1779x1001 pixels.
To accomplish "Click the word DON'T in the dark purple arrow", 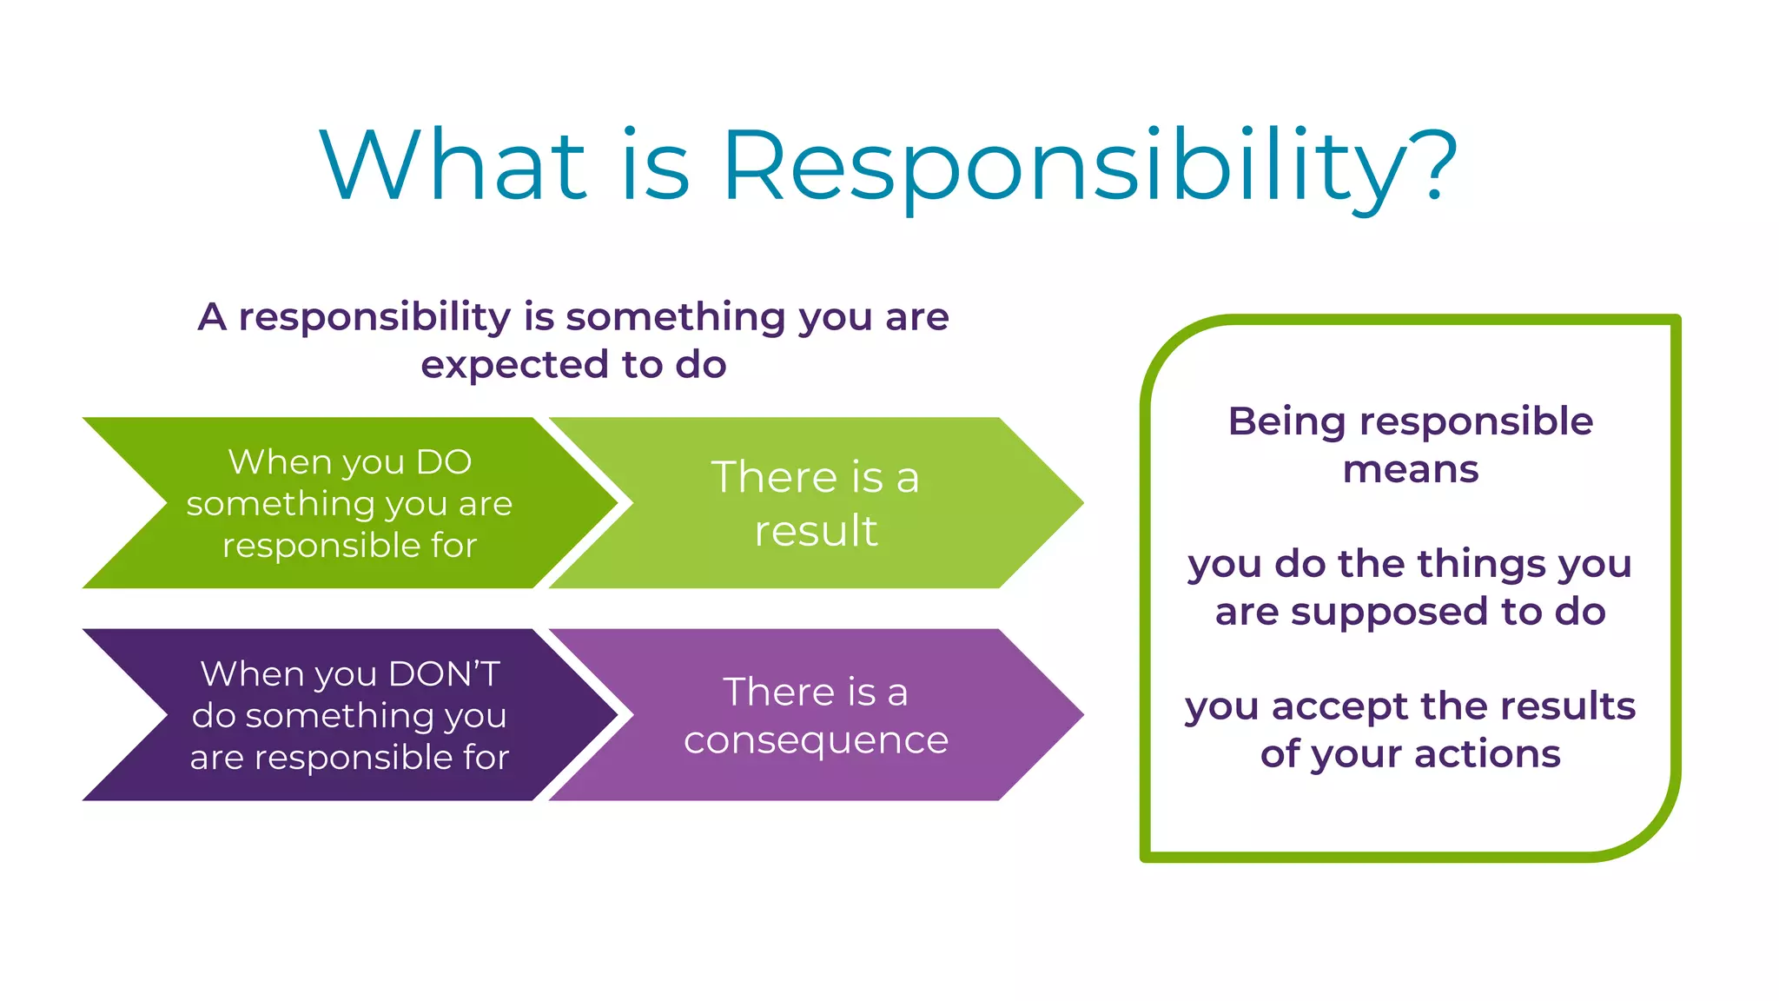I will point(444,674).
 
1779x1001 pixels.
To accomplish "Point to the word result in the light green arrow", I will point(816,530).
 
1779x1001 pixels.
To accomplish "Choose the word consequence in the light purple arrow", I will point(816,740).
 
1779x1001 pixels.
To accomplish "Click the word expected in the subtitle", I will point(516,366).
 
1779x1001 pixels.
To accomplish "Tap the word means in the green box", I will point(1410,470).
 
